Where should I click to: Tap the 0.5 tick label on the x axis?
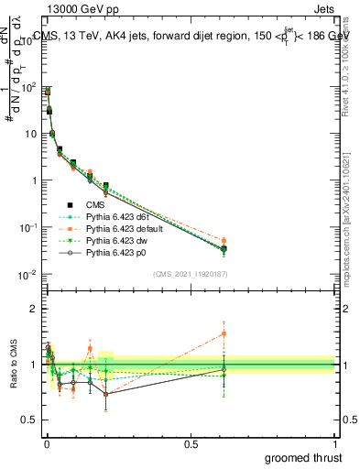tap(191, 444)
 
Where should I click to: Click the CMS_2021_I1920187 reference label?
tap(191, 274)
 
